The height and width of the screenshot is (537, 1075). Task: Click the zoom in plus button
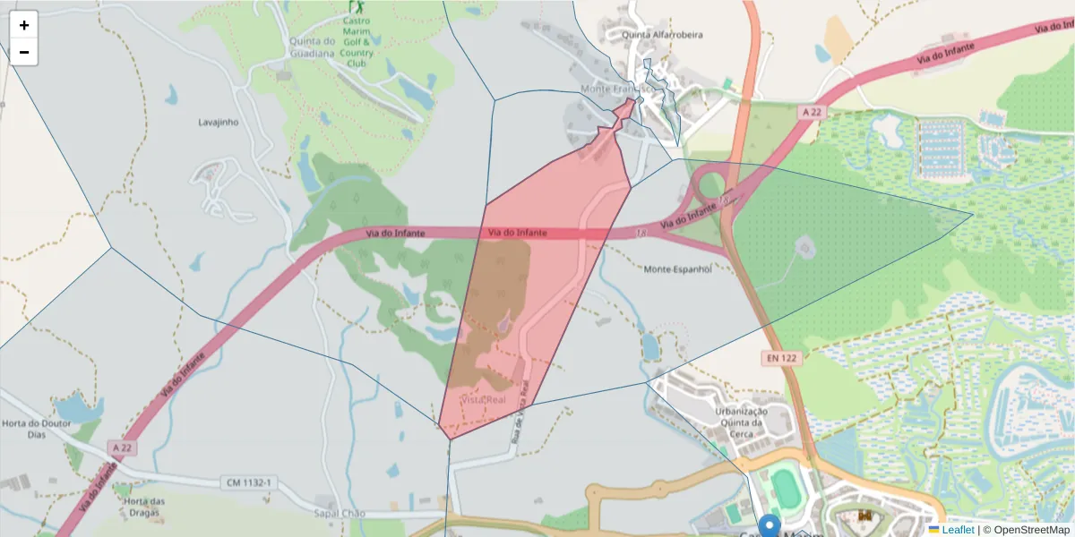pos(24,25)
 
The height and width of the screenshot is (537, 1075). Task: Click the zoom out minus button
pos(24,52)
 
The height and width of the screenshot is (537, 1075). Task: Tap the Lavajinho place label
pos(219,122)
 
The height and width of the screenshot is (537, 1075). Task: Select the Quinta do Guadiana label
pos(312,47)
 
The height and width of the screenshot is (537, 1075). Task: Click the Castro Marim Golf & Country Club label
pos(357,47)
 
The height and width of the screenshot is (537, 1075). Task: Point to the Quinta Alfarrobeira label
pos(662,35)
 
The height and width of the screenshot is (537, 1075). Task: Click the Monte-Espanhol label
pos(677,268)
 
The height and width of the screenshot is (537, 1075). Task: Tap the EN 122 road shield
pos(781,358)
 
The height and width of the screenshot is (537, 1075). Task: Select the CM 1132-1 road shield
pos(247,483)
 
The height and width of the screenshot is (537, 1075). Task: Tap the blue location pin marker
pos(769,525)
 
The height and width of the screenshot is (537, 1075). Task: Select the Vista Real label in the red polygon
pos(484,399)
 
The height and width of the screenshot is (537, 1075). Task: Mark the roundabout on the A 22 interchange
pos(712,185)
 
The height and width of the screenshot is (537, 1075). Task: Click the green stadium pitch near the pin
pos(786,489)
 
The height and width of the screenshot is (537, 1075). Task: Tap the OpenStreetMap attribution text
pos(1030,530)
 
